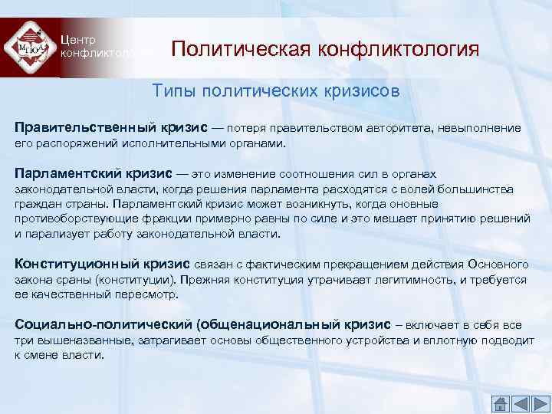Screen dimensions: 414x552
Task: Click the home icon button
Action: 501,403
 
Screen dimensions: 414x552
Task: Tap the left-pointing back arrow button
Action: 520,403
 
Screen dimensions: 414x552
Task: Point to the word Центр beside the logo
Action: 80,40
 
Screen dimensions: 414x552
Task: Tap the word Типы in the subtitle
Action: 172,91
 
